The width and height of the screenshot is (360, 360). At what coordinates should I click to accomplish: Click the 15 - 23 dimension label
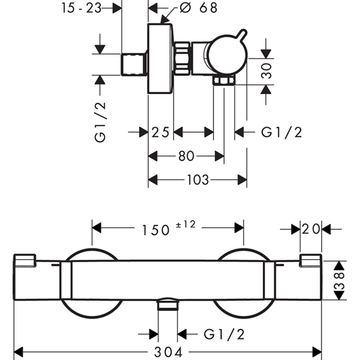coord(81,8)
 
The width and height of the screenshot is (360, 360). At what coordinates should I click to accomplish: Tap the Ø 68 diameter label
coord(199,8)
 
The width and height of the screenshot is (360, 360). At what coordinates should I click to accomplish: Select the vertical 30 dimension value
coord(266,71)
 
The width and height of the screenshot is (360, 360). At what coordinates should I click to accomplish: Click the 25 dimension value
coord(160,132)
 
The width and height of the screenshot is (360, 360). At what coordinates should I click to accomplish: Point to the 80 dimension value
coord(186,156)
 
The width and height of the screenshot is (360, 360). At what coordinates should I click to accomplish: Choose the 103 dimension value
coord(198,180)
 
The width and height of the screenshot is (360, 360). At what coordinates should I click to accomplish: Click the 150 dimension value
coord(156,230)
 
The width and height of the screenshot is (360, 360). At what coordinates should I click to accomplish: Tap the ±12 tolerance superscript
coord(186,224)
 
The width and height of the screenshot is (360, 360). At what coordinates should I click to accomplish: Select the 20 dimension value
coord(311,229)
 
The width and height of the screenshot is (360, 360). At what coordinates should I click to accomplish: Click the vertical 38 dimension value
coord(340,280)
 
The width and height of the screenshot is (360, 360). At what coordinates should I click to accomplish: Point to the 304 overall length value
coord(168,352)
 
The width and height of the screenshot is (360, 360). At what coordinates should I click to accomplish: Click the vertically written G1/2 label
coord(100,122)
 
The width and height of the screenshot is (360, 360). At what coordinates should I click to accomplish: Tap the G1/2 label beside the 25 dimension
coord(281,132)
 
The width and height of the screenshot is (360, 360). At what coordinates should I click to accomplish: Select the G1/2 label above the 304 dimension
coord(224,334)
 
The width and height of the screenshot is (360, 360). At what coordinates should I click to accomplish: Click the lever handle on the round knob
coord(242,35)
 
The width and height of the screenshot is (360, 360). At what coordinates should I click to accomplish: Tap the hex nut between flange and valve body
coord(182,58)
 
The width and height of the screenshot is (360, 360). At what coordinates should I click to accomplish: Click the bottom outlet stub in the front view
coord(167,304)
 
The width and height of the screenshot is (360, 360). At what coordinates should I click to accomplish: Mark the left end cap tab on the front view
coord(25,260)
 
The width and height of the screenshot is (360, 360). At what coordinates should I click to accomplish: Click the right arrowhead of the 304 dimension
coord(317,352)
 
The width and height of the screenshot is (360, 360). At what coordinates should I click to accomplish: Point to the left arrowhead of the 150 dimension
coord(97,228)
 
